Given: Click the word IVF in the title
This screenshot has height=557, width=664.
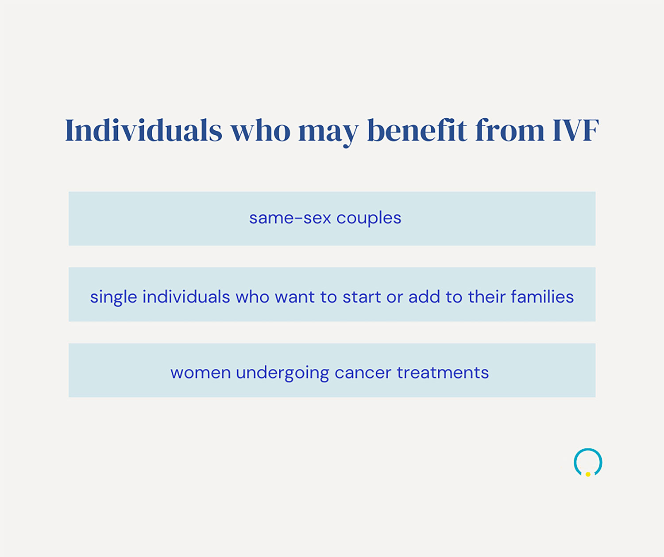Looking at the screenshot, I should tap(575, 131).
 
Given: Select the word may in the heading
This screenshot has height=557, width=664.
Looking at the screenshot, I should tap(328, 132).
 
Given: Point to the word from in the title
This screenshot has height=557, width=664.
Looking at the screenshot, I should tap(510, 131).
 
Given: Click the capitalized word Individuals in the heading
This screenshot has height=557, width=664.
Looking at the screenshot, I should tap(143, 131).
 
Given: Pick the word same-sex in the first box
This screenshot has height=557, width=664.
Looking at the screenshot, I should tap(290, 218).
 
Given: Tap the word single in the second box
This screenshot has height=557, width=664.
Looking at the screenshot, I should tap(113, 297).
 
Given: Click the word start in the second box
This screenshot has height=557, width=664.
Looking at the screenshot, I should tap(362, 297).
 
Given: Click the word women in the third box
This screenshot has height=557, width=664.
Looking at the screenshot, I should tap(201, 373).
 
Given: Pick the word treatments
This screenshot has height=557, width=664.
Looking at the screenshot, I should tap(443, 373).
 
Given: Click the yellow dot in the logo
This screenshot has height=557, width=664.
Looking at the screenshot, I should tap(588, 474).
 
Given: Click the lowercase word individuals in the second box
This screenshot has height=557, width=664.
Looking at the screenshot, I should tap(186, 297).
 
